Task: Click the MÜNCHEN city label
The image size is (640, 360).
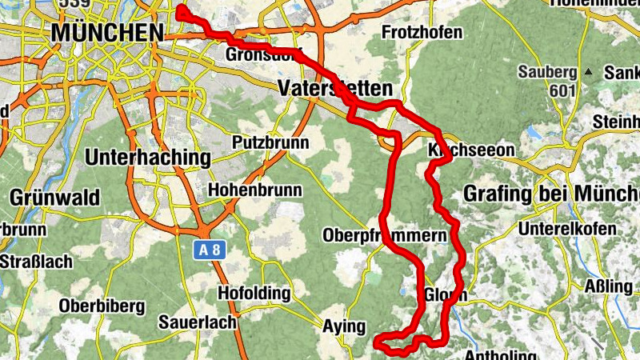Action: (x=106, y=33)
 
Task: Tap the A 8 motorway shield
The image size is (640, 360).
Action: (x=210, y=250)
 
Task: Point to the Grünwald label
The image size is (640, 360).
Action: (x=54, y=197)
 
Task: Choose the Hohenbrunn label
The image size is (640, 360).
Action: (x=254, y=190)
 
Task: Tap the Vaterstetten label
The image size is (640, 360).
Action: (x=335, y=88)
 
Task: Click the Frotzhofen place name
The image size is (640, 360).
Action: (x=422, y=33)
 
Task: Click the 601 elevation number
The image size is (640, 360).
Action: (x=563, y=90)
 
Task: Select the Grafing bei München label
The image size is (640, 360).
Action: (x=552, y=194)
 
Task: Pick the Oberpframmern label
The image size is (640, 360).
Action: (x=383, y=236)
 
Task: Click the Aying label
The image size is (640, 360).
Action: (x=343, y=326)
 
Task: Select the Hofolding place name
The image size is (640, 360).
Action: (x=254, y=294)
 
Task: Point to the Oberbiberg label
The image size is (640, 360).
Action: (x=102, y=306)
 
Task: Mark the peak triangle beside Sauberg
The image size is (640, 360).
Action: (x=589, y=72)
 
